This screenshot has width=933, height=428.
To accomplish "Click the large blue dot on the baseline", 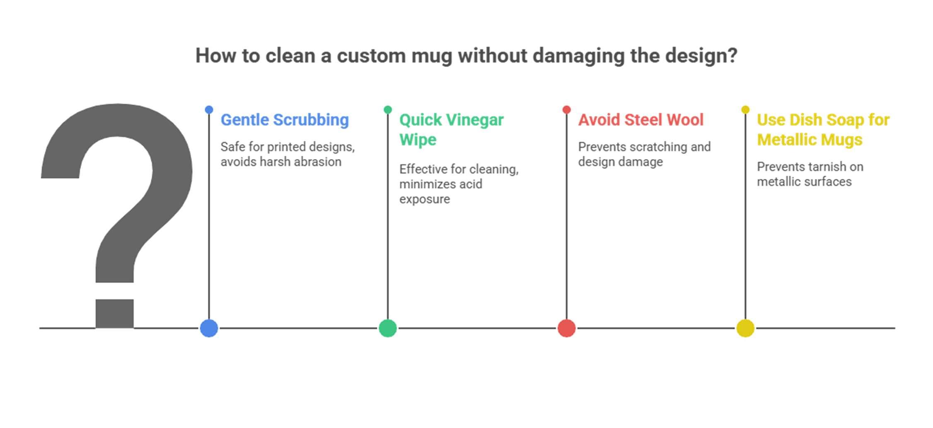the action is (x=209, y=328).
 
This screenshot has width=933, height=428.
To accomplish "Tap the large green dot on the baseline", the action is (x=388, y=328).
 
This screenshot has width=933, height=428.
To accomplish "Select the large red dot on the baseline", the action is (x=566, y=328).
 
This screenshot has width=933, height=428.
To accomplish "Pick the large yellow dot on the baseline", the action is (x=745, y=328).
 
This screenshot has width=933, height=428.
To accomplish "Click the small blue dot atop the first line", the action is (x=209, y=110).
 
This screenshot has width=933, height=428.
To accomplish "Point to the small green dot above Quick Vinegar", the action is (x=388, y=110).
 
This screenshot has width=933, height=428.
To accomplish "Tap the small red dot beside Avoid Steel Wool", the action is (x=566, y=110).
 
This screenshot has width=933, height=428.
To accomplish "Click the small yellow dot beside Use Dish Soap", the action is (x=745, y=110).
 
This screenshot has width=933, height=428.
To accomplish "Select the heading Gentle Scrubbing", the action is (x=285, y=120).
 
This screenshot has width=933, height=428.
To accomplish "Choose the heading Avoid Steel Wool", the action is (x=641, y=120).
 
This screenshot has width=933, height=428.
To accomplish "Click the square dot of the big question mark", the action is (x=114, y=314).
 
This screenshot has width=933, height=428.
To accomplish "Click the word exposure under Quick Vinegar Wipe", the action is (x=424, y=199).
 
